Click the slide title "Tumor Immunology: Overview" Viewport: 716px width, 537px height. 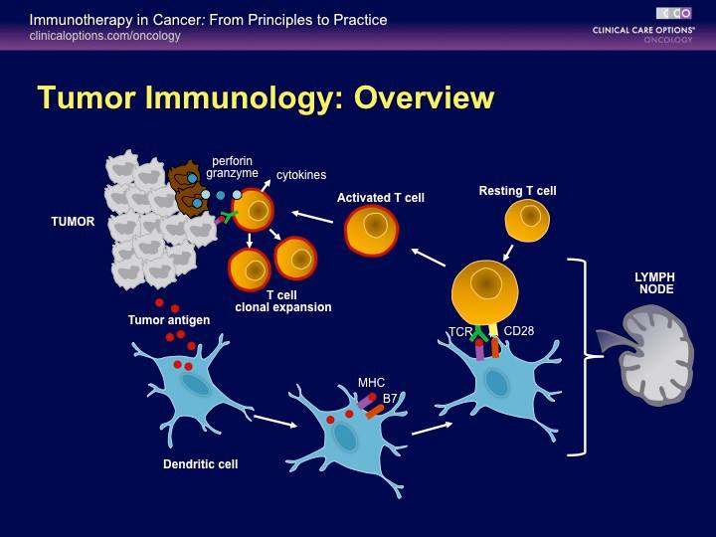(267, 97)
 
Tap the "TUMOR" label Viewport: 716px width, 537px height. (73, 222)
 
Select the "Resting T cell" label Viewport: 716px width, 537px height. (517, 191)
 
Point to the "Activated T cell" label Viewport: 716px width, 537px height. (380, 198)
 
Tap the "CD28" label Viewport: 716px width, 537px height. (519, 330)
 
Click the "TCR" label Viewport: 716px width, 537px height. (460, 332)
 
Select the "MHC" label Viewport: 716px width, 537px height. (371, 383)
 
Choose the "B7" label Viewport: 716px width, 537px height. (390, 399)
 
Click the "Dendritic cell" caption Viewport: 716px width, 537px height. (201, 464)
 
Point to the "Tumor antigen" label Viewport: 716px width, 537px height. (169, 319)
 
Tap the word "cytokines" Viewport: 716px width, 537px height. (301, 174)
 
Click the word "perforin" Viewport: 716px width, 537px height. (233, 161)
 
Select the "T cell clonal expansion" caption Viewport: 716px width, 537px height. (283, 301)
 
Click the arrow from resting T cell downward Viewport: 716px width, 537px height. (508, 253)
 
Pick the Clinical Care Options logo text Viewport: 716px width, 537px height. (643, 30)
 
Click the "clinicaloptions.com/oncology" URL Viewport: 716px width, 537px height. (104, 36)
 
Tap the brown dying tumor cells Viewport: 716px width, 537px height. (189, 189)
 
